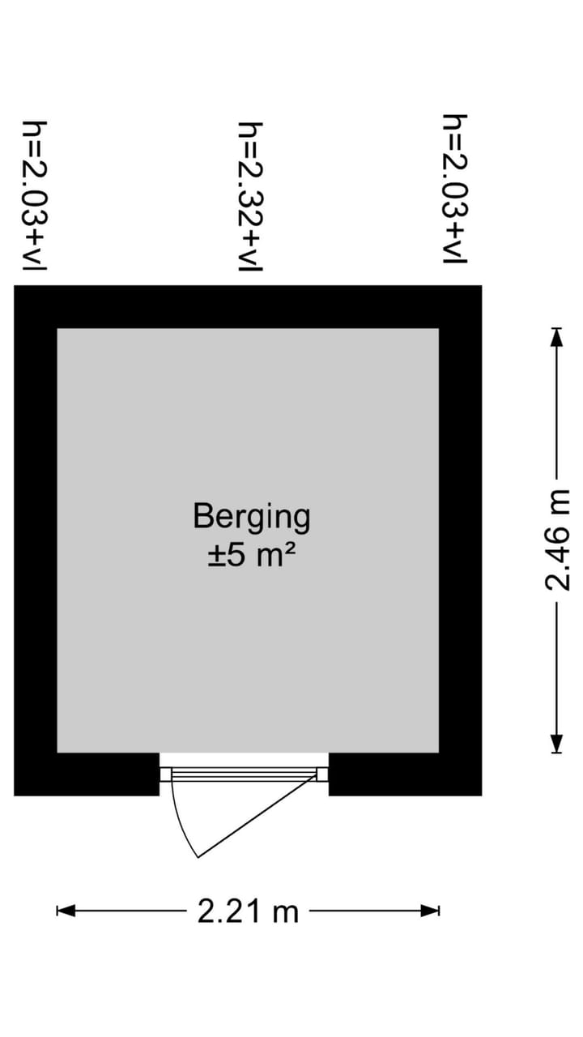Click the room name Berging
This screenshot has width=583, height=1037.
point(252,517)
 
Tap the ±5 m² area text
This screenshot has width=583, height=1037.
point(251,555)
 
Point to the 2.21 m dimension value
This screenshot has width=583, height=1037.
point(248,911)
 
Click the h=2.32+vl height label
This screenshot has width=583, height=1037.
point(250,197)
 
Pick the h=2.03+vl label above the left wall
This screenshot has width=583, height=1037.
point(35,196)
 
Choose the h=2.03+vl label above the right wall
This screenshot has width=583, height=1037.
point(455,189)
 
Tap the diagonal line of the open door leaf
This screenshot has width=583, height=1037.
point(257,815)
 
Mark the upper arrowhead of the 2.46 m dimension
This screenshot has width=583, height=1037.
point(557,337)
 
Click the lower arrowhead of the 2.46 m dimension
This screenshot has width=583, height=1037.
point(557,744)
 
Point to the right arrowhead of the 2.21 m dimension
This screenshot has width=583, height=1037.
point(430,911)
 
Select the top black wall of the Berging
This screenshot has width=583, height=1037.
point(248,307)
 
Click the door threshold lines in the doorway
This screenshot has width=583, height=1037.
point(244,775)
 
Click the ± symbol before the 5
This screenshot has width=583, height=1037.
point(215,556)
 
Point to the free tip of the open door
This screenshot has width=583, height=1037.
point(198,857)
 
